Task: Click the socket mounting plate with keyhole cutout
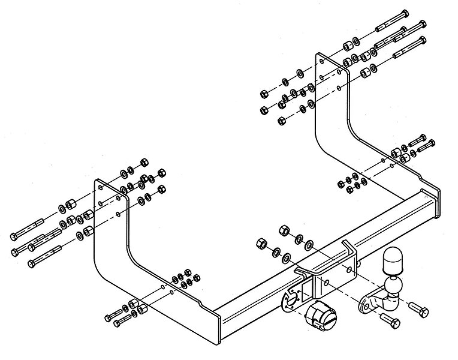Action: click(290, 296)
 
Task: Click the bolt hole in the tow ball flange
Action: click(364, 307)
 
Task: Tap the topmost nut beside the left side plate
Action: click(144, 162)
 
